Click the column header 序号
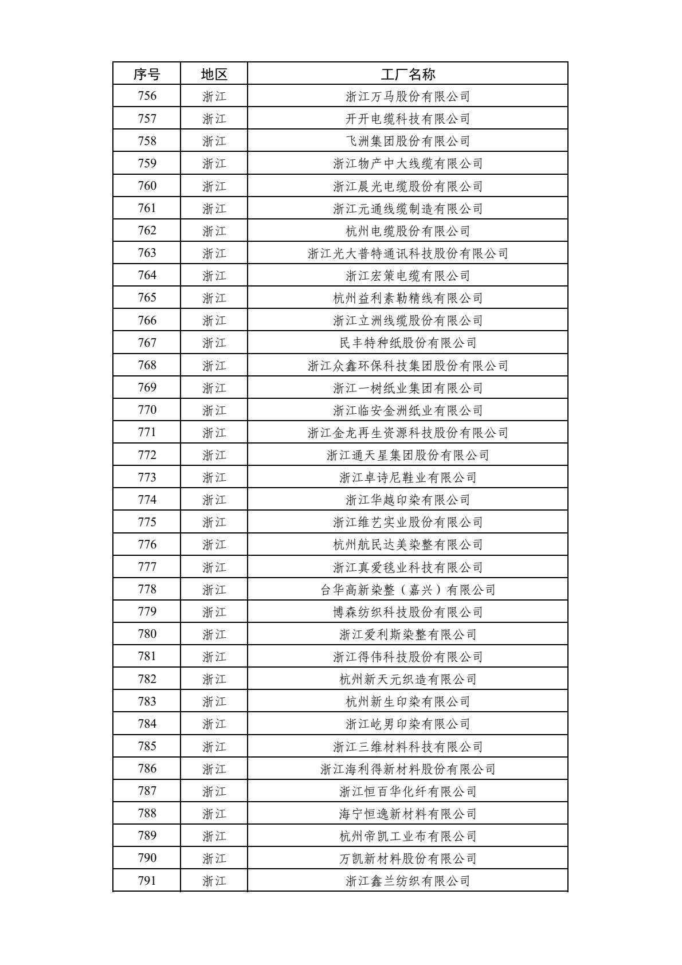click(147, 74)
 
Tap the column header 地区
click(214, 74)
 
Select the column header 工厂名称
click(407, 74)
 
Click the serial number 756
click(147, 96)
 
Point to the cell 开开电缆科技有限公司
click(407, 119)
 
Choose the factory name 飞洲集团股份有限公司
click(407, 141)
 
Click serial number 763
click(147, 253)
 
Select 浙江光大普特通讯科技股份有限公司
click(407, 253)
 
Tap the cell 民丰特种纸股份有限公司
click(407, 343)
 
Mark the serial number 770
click(147, 410)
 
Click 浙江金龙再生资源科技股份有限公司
click(407, 433)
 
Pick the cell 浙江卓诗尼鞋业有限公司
click(407, 477)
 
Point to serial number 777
click(147, 567)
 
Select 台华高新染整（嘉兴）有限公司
click(407, 589)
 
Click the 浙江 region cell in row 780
click(214, 634)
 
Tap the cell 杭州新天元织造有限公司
click(407, 679)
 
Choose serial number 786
click(147, 768)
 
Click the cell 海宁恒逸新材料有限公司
click(407, 814)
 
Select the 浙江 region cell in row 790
click(214, 858)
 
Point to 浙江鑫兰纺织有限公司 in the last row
click(407, 881)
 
